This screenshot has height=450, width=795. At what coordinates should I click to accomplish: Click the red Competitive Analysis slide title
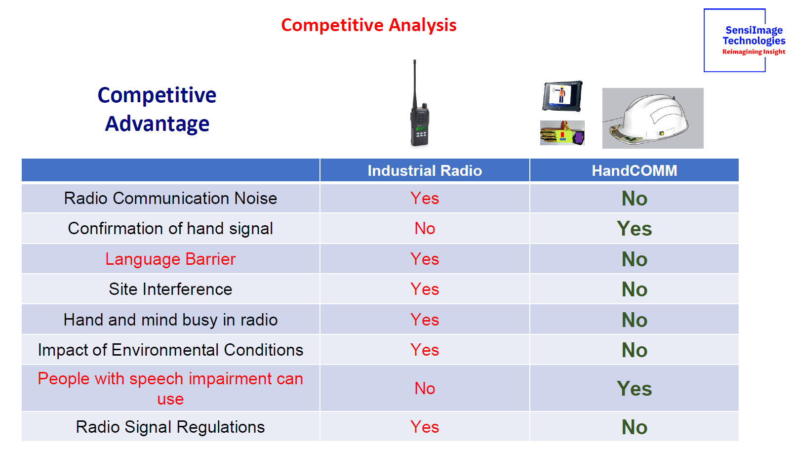[368, 25]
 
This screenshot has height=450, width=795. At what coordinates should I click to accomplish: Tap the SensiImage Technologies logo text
[754, 36]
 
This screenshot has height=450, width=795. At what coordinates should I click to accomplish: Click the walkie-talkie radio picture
[419, 103]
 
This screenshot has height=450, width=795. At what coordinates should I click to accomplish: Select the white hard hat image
[652, 118]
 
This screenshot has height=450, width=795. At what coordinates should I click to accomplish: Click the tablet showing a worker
[562, 96]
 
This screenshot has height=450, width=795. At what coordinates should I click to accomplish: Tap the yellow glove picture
[562, 133]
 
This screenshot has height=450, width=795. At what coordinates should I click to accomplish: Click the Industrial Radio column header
[425, 170]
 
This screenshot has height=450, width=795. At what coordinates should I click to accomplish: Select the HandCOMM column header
[634, 170]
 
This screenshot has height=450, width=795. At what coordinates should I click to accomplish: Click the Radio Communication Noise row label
[170, 198]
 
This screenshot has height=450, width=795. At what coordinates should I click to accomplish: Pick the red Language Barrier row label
[170, 259]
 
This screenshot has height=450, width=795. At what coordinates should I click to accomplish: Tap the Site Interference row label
[170, 289]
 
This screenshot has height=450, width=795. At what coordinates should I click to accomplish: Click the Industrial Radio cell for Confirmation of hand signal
[425, 228]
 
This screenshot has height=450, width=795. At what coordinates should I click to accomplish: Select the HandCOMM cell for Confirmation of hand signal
[634, 228]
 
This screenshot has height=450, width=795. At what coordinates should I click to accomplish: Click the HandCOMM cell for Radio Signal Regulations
[634, 427]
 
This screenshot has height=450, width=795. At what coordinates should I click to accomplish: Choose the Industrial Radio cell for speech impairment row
[425, 388]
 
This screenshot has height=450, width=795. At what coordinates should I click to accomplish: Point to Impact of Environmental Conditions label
[170, 350]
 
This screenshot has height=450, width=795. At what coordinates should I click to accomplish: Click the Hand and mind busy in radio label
[170, 320]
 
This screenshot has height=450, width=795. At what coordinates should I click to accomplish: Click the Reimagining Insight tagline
[754, 52]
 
